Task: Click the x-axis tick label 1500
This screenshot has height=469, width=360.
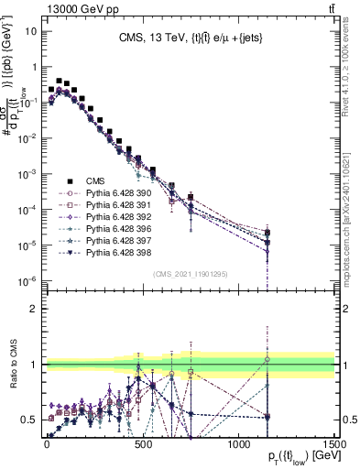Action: pyautogui.click(x=333, y=443)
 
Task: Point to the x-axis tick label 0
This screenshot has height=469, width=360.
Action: pyautogui.click(x=47, y=443)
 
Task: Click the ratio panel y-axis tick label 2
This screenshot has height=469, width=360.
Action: pyautogui.click(x=34, y=308)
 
